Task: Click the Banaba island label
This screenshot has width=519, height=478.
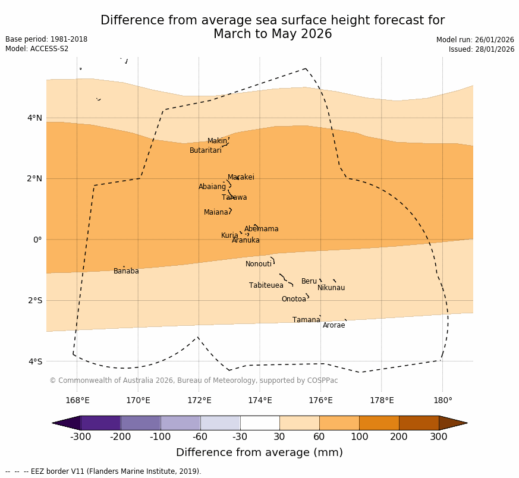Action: (126, 272)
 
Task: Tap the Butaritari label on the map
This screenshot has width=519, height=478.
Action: (206, 151)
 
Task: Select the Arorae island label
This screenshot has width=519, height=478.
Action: (334, 326)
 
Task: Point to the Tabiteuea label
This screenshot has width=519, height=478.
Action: (266, 286)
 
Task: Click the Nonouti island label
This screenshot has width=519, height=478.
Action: (259, 265)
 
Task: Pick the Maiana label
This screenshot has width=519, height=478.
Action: (216, 213)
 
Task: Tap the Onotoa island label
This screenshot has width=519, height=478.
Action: (294, 300)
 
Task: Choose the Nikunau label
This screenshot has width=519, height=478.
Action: (331, 288)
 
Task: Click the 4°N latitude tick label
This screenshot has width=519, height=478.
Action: (34, 118)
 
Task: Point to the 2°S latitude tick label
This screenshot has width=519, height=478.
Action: (34, 301)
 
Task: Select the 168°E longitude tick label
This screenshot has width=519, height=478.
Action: (77, 401)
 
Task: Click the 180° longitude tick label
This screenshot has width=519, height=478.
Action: (442, 401)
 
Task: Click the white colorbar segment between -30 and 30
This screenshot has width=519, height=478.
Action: (260, 423)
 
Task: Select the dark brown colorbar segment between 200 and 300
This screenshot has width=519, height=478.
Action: (419, 423)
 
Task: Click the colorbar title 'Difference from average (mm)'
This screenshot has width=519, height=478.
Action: (259, 453)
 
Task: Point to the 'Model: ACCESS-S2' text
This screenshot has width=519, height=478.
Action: (37, 49)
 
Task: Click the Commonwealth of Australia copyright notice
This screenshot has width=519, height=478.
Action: (193, 381)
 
